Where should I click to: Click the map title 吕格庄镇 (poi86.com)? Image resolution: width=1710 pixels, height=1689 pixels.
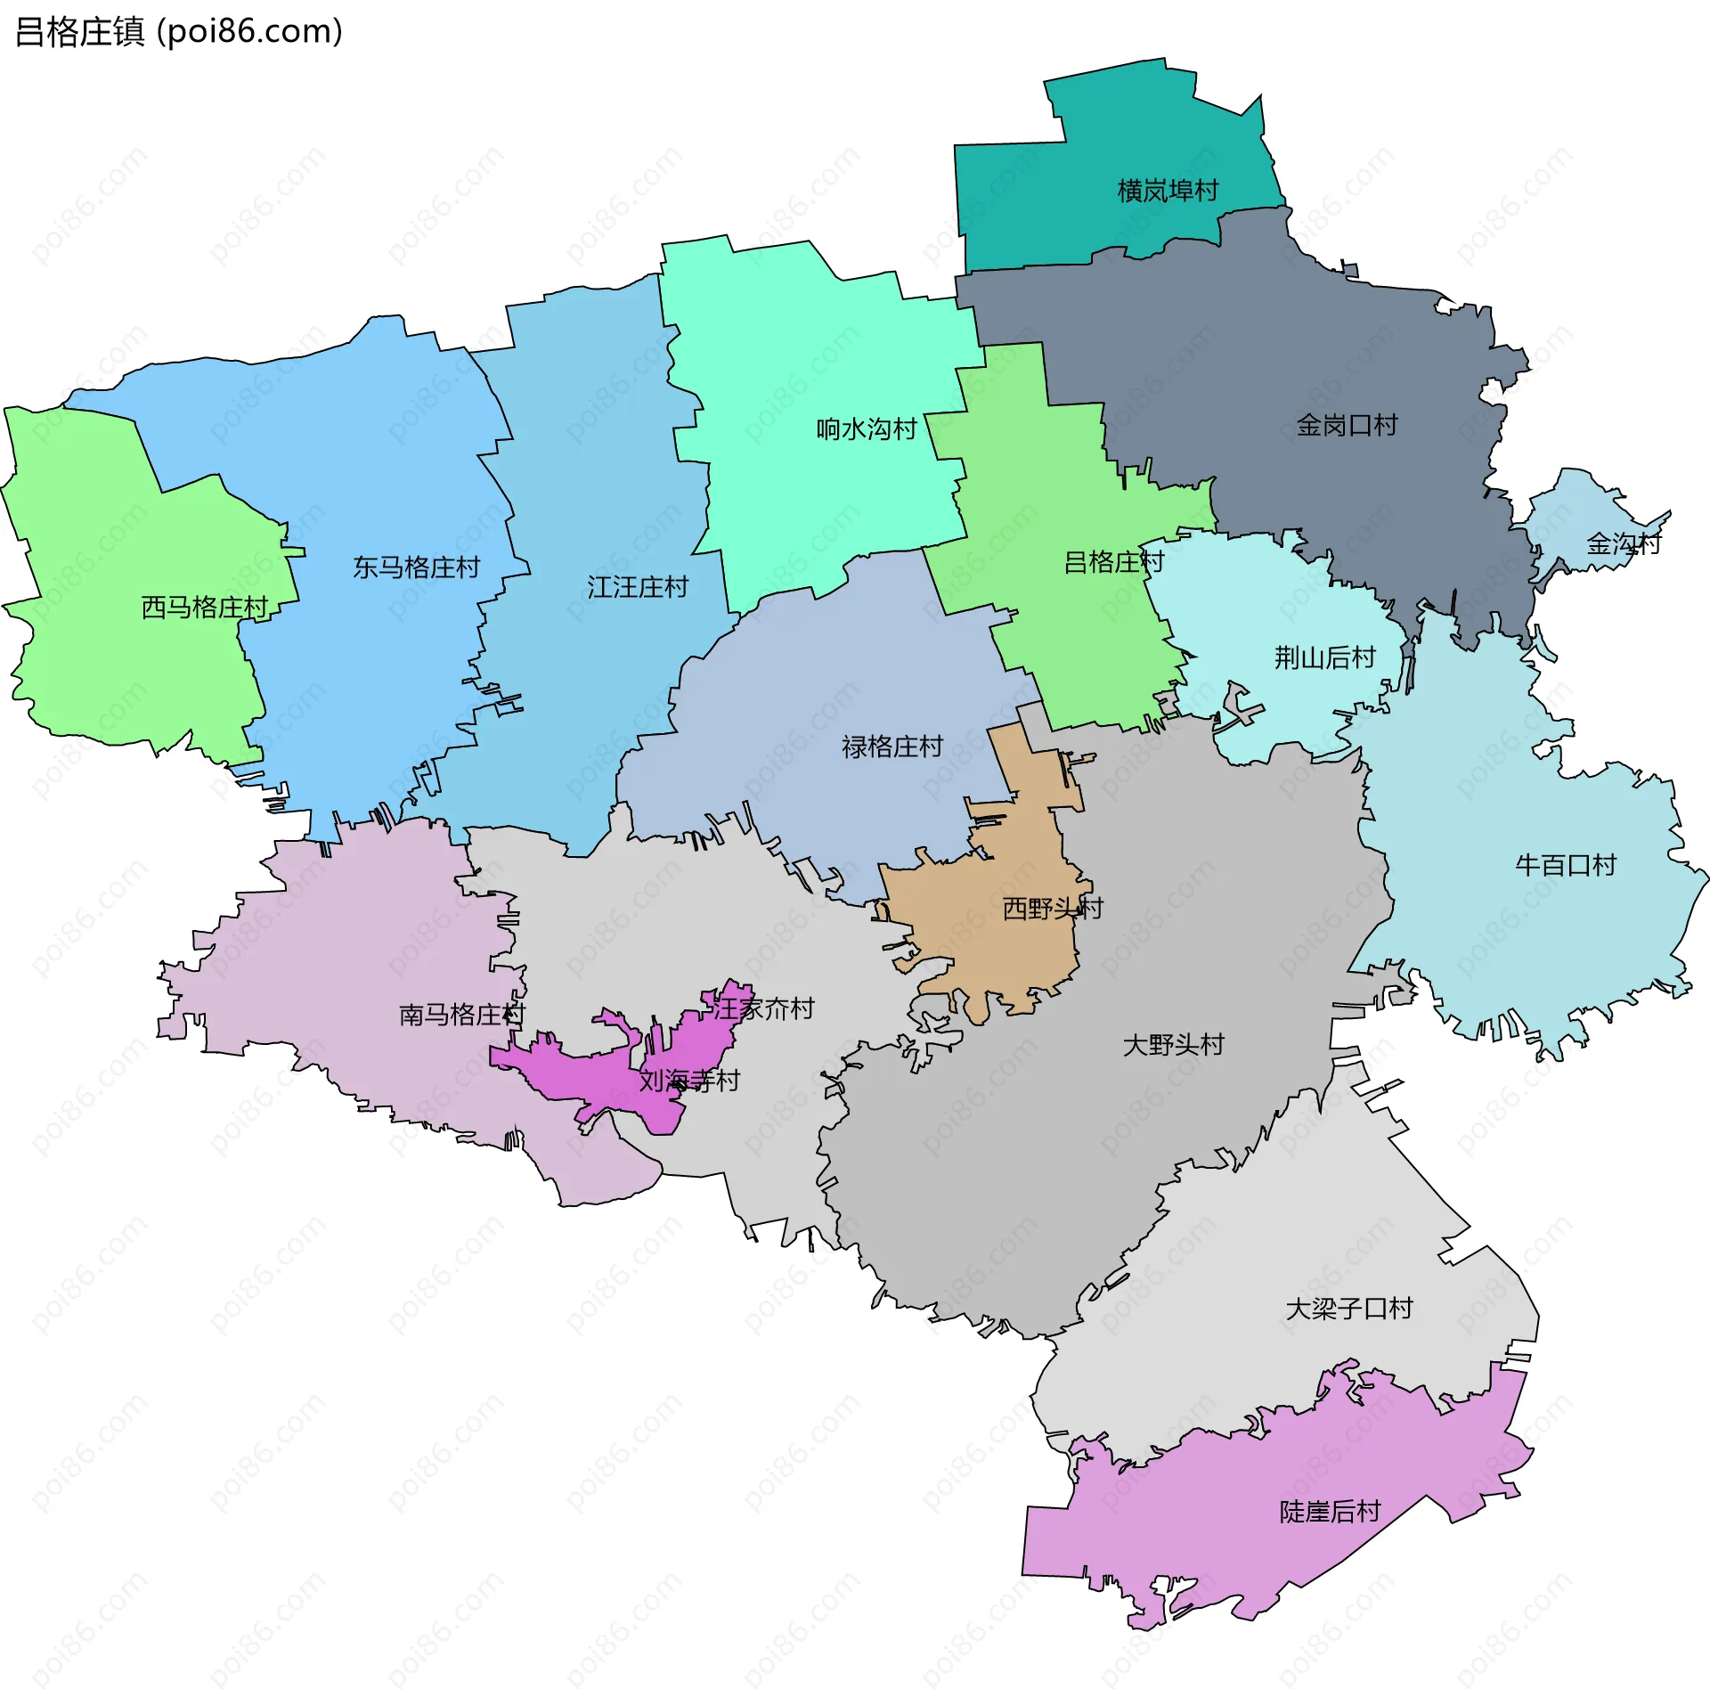point(178,32)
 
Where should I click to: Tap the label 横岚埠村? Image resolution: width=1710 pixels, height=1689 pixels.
point(1168,191)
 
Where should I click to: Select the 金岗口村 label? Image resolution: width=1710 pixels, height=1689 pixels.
point(1347,425)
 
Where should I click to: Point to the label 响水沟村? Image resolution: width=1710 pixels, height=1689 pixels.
point(867,429)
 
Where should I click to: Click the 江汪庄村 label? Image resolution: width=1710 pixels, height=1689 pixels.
point(638,587)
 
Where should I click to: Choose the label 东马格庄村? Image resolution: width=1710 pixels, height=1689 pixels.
point(416,567)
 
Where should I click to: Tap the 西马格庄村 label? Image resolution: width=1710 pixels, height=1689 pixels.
point(205,608)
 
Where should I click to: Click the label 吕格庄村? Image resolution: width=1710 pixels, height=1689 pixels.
point(1114,562)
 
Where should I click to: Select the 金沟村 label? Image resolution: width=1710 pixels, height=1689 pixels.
point(1623,543)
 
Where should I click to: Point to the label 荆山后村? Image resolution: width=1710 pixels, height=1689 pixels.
point(1325,657)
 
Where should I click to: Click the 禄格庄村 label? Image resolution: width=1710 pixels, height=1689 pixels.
point(892,747)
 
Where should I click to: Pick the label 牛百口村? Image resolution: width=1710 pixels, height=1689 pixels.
point(1566,865)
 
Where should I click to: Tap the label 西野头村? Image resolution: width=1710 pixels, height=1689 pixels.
point(1053,908)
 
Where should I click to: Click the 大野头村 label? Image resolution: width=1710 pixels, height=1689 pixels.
point(1174,1044)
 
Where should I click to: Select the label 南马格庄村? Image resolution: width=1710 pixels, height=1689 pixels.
point(462,1015)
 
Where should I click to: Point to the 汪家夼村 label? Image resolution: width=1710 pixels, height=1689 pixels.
point(764,1008)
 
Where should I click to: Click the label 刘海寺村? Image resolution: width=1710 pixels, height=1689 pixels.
point(689,1081)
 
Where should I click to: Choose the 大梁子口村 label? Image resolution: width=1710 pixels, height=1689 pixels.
point(1349,1309)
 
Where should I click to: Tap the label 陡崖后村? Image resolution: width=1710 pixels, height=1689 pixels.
point(1330,1512)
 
